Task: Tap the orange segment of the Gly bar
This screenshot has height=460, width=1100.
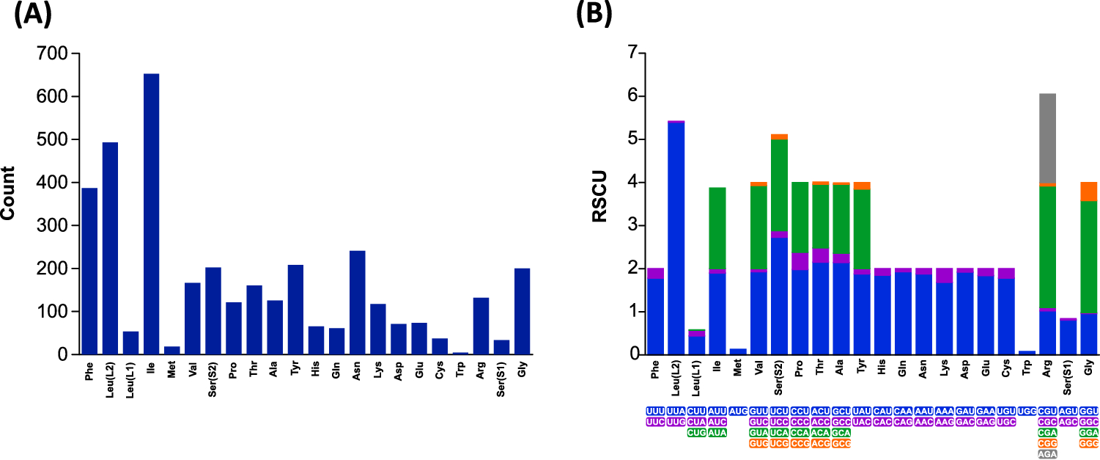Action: pyautogui.click(x=1089, y=191)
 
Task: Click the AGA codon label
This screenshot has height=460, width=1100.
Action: pyautogui.click(x=1048, y=454)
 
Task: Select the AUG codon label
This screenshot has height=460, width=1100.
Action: pyautogui.click(x=738, y=412)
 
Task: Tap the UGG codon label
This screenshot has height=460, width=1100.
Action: pyautogui.click(x=1027, y=412)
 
